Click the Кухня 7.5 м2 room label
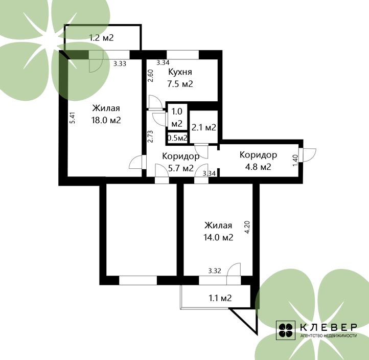pyautogui.click(x=180, y=78)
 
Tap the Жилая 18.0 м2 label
pyautogui.click(x=106, y=114)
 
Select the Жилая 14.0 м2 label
pyautogui.click(x=218, y=231)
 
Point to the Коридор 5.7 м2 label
pyautogui.click(x=181, y=162)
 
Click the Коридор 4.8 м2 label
pyautogui.click(x=258, y=161)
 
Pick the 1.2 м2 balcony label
pyautogui.click(x=101, y=38)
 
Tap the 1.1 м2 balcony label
pyautogui.click(x=220, y=298)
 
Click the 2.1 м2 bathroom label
pyautogui.click(x=204, y=128)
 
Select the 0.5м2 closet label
pyautogui.click(x=177, y=138)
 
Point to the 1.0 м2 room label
pyautogui.click(x=177, y=117)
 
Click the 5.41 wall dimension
pyautogui.click(x=73, y=118)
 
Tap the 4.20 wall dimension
pyautogui.click(x=247, y=227)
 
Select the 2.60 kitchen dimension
pyautogui.click(x=151, y=76)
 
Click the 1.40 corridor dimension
pyautogui.click(x=295, y=161)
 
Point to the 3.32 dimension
pyautogui.click(x=215, y=271)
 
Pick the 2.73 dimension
pyautogui.click(x=150, y=137)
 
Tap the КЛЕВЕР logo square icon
pyautogui.click(x=286, y=330)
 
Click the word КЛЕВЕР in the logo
pyautogui.click(x=329, y=327)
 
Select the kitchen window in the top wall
pyautogui.click(x=183, y=55)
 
